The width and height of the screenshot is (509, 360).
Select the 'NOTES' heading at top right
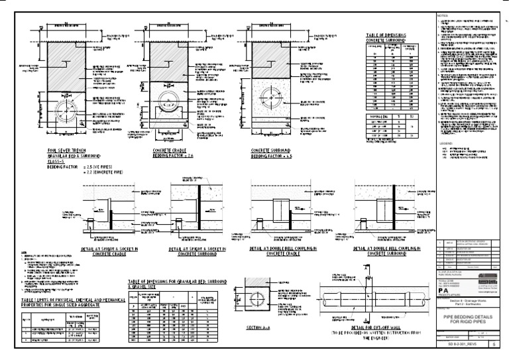click(443, 15)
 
